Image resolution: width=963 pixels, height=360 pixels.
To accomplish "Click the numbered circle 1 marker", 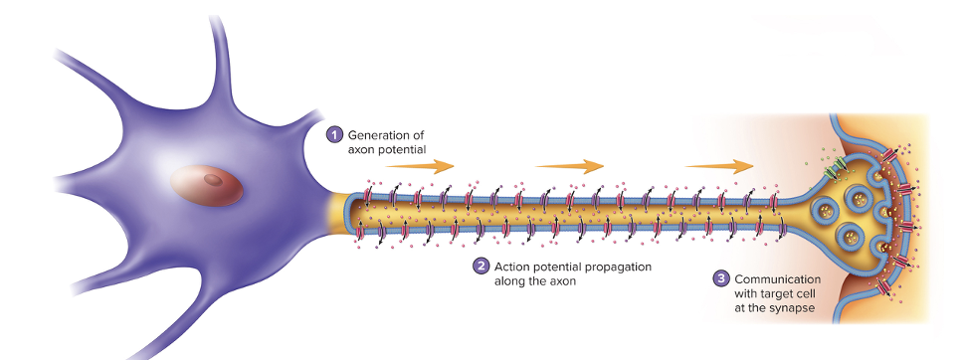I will (x=335, y=134).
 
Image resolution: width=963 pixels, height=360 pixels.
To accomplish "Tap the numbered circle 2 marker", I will (x=481, y=267).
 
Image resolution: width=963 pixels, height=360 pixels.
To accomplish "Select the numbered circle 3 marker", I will (x=721, y=278).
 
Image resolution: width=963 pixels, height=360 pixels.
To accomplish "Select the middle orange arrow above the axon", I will (x=570, y=166).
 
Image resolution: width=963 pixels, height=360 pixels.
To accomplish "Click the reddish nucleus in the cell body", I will (x=206, y=185).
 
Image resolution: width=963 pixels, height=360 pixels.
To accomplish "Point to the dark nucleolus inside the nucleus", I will (x=213, y=180).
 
